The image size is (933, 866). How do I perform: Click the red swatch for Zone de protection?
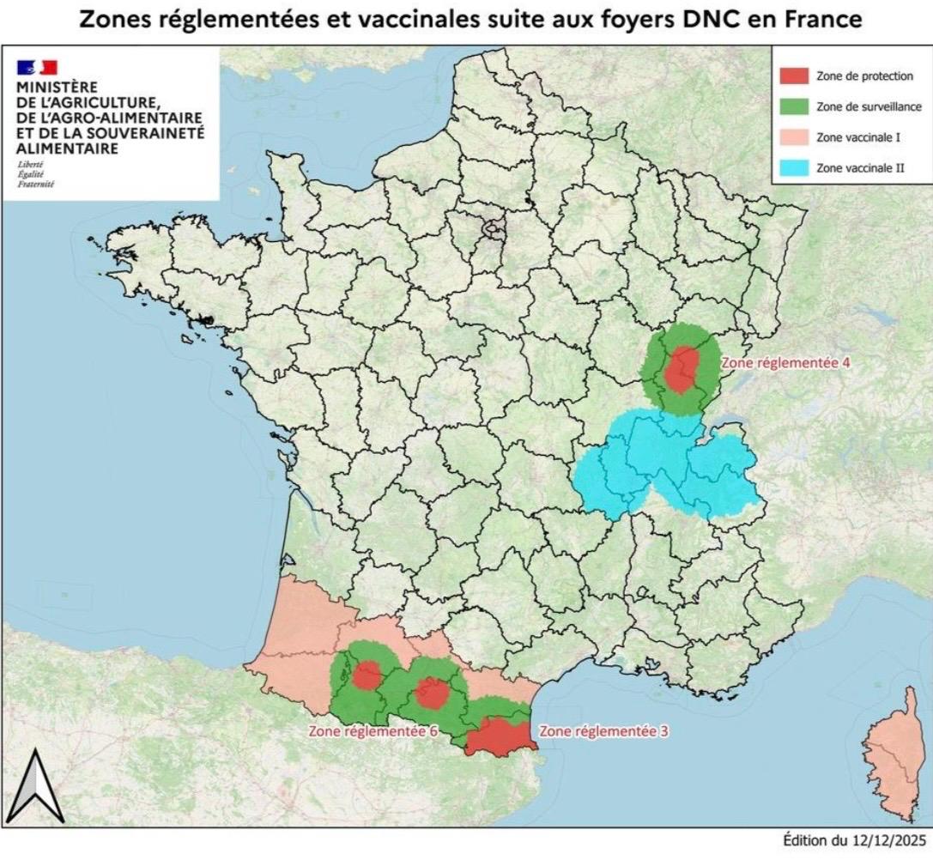(794, 76)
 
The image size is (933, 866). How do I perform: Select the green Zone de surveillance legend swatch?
(794, 106)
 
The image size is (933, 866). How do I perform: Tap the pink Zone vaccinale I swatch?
(794, 137)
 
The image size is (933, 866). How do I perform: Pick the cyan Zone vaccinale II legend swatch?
(794, 168)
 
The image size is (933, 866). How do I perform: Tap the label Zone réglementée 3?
(603, 732)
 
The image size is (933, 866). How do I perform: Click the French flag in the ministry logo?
(36, 67)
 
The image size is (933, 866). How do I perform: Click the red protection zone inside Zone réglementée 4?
(682, 369)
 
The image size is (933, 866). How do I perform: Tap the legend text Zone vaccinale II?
(860, 168)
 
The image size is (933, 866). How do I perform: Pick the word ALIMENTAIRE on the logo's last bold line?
(68, 148)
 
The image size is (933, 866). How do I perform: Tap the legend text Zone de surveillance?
(869, 106)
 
